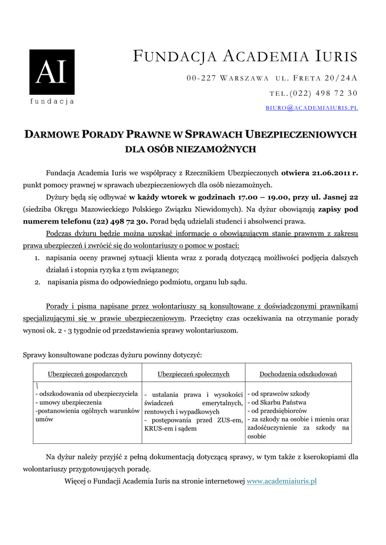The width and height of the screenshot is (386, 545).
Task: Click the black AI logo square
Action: click(52, 72)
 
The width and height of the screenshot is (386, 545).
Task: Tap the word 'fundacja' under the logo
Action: click(52, 101)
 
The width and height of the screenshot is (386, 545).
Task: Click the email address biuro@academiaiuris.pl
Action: click(311, 108)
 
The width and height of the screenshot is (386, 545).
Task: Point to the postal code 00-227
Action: click(201, 78)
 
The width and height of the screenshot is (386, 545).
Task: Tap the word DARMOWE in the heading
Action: click(51, 135)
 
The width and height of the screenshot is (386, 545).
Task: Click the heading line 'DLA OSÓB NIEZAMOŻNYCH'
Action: click(190, 150)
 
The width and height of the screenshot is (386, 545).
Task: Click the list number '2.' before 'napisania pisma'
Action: click(38, 282)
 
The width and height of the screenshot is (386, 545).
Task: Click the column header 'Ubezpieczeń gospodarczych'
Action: click(87, 374)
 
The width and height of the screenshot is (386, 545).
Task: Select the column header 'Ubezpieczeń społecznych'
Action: click(193, 374)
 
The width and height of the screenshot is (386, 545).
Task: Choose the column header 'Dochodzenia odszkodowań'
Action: click(298, 374)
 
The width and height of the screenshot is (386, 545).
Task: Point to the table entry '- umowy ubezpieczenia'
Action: click(68, 402)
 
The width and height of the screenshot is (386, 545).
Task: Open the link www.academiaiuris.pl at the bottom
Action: click(282, 481)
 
